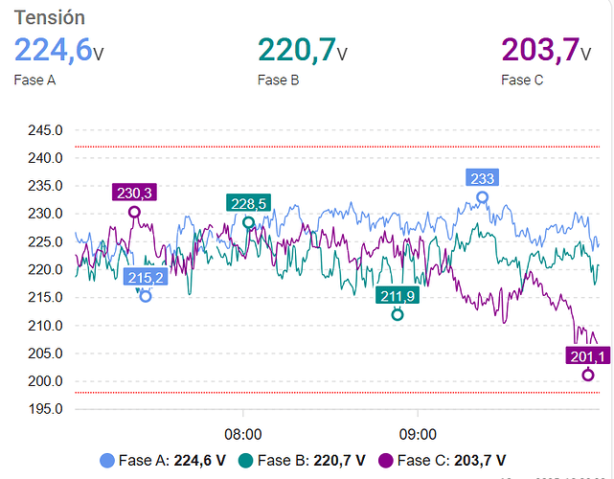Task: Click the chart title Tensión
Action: pyautogui.click(x=49, y=17)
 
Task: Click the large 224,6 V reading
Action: pyautogui.click(x=57, y=49)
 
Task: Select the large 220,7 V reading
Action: pyautogui.click(x=302, y=49)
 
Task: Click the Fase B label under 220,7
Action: pyautogui.click(x=278, y=80)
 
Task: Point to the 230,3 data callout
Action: pyautogui.click(x=135, y=193)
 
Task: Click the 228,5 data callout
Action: pyautogui.click(x=249, y=203)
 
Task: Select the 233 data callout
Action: pyautogui.click(x=482, y=178)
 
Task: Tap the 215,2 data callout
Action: pyautogui.click(x=146, y=278)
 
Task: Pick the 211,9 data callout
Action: pyautogui.click(x=398, y=295)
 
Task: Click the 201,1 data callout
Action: pyautogui.click(x=587, y=356)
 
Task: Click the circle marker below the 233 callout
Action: pyautogui.click(x=482, y=197)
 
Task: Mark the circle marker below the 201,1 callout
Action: pyautogui.click(x=588, y=375)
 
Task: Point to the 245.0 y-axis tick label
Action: pyautogui.click(x=46, y=130)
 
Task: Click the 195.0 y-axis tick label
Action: pyautogui.click(x=46, y=409)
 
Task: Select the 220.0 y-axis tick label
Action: pyautogui.click(x=46, y=269)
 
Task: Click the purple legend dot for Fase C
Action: pyautogui.click(x=388, y=460)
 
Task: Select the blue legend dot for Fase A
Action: pyautogui.click(x=109, y=460)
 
